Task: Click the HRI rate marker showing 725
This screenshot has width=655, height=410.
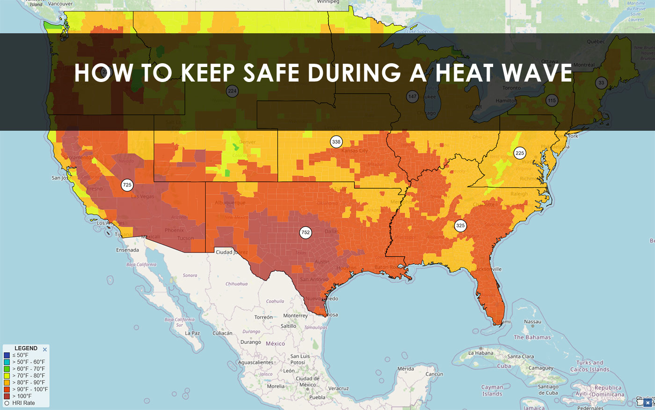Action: pyautogui.click(x=127, y=185)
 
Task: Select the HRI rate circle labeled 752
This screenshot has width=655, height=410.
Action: pyautogui.click(x=306, y=232)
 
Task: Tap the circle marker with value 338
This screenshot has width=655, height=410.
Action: pyautogui.click(x=336, y=142)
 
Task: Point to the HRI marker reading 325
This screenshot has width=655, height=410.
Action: pyautogui.click(x=460, y=226)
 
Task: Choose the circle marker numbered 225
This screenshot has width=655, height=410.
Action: pyautogui.click(x=520, y=153)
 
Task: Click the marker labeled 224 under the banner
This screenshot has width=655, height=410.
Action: pyautogui.click(x=232, y=91)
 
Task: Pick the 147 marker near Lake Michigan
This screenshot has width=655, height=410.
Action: pyautogui.click(x=412, y=97)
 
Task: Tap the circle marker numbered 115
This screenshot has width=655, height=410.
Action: pyautogui.click(x=552, y=101)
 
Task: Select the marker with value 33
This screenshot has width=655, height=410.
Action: pyautogui.click(x=601, y=83)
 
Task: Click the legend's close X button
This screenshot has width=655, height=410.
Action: pyautogui.click(x=45, y=350)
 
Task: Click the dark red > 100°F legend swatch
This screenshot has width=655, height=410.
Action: pyautogui.click(x=7, y=396)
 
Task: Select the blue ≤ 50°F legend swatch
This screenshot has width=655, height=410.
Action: pyautogui.click(x=7, y=355)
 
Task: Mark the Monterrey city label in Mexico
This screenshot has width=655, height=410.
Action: pyautogui.click(x=295, y=316)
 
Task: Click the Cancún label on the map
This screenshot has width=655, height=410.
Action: pyautogui.click(x=434, y=374)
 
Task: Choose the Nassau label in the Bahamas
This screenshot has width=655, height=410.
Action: pyautogui.click(x=532, y=322)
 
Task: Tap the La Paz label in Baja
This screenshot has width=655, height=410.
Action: pyautogui.click(x=192, y=333)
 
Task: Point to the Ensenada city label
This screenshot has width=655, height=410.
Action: pyautogui.click(x=127, y=250)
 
